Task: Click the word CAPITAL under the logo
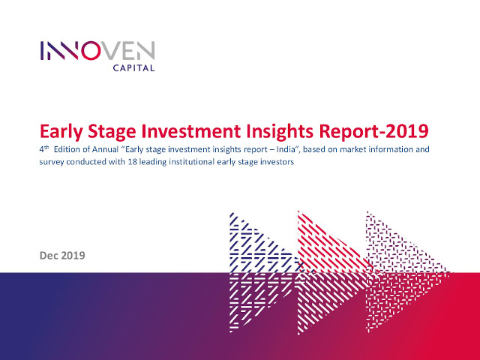[x=133, y=67]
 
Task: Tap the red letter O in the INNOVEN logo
[x=91, y=50]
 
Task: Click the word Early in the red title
[x=61, y=132]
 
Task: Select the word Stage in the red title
[x=112, y=132]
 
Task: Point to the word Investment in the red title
[x=191, y=131]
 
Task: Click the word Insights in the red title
[x=280, y=132]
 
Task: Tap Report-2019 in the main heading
[x=373, y=132]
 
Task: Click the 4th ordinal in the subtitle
[x=44, y=149]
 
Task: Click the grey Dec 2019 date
[x=62, y=256]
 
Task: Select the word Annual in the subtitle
[x=105, y=149]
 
